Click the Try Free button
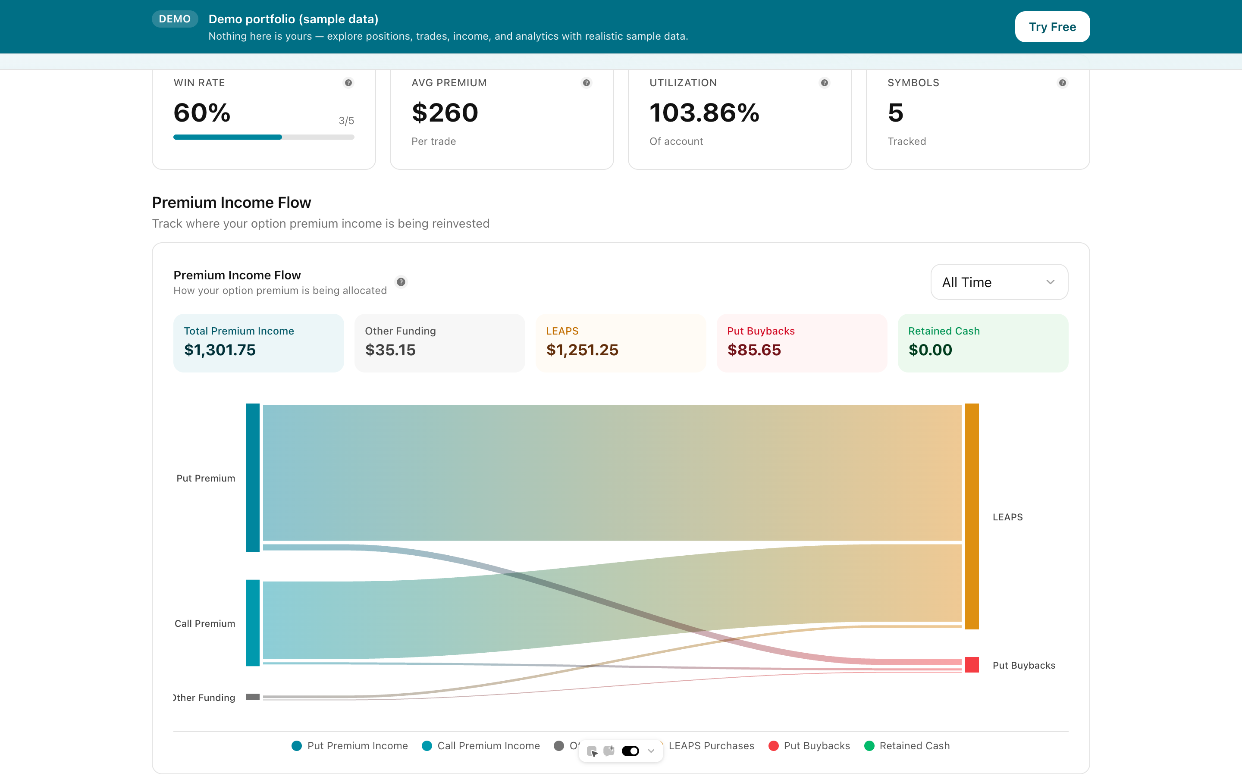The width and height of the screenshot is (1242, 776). (x=1052, y=27)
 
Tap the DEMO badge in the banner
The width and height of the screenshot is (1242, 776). (x=175, y=19)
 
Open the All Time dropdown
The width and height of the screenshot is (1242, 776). (x=999, y=282)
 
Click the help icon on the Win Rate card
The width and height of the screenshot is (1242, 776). (x=348, y=83)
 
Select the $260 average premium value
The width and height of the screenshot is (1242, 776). (x=445, y=113)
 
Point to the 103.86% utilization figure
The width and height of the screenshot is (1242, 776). (x=704, y=113)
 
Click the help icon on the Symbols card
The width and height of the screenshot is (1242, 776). (x=1062, y=83)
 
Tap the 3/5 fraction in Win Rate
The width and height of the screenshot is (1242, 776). (x=346, y=121)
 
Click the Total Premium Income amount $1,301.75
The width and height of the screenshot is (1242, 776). (x=220, y=350)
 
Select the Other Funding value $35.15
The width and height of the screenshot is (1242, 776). (x=390, y=350)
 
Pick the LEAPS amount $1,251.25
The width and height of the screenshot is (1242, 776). (x=582, y=350)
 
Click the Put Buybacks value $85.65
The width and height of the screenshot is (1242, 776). (x=754, y=350)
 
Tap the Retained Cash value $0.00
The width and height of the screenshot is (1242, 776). (x=930, y=350)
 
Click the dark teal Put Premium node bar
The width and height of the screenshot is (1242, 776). (x=253, y=477)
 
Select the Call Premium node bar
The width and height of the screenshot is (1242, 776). (x=253, y=623)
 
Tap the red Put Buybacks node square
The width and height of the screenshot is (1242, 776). (x=972, y=665)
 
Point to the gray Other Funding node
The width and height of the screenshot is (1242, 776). (x=253, y=697)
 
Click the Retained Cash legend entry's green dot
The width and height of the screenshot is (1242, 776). (x=869, y=746)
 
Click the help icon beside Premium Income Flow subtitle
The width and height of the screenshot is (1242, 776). (x=401, y=282)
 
